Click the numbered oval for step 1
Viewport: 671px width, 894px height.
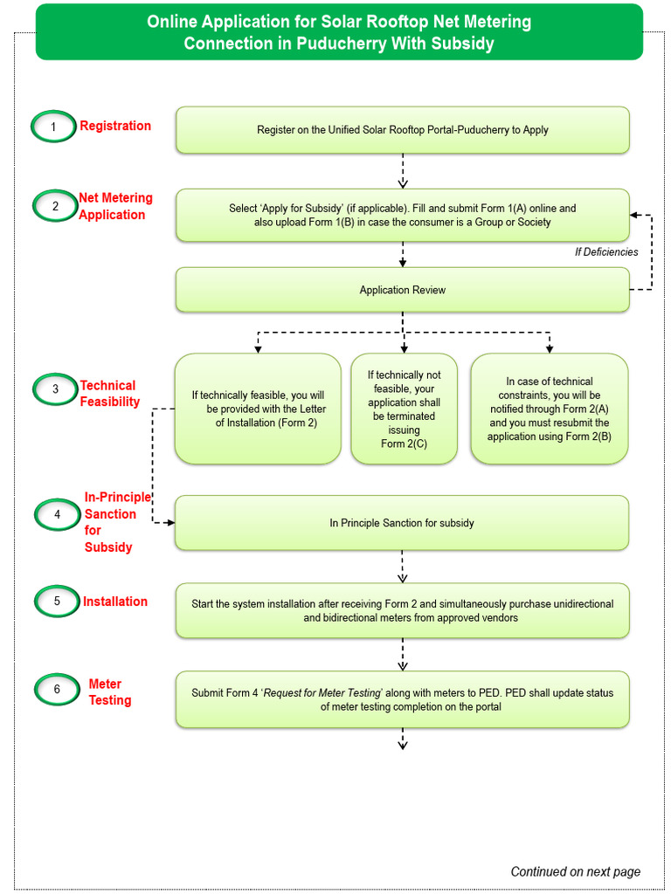pyautogui.click(x=53, y=127)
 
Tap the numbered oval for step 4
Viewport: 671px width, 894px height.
pyautogui.click(x=58, y=514)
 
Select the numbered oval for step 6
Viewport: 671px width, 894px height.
pyautogui.click(x=58, y=690)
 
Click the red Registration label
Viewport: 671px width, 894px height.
pyautogui.click(x=115, y=126)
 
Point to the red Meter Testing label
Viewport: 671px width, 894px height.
pyautogui.click(x=109, y=692)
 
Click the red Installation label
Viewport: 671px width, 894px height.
pyautogui.click(x=115, y=602)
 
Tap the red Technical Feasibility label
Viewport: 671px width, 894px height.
pyautogui.click(x=109, y=394)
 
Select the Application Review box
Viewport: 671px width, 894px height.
pyautogui.click(x=402, y=290)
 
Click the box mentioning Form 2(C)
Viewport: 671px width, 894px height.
pyautogui.click(x=404, y=409)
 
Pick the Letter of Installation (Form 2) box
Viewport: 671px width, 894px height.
pyautogui.click(x=258, y=409)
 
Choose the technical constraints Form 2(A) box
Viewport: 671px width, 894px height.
pyautogui.click(x=549, y=409)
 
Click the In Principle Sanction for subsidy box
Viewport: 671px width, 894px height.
pyautogui.click(x=402, y=523)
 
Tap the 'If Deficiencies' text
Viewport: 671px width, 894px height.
pyautogui.click(x=605, y=252)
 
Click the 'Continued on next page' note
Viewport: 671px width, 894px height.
pyautogui.click(x=575, y=871)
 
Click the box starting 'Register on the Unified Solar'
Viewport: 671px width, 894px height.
pyautogui.click(x=402, y=130)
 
